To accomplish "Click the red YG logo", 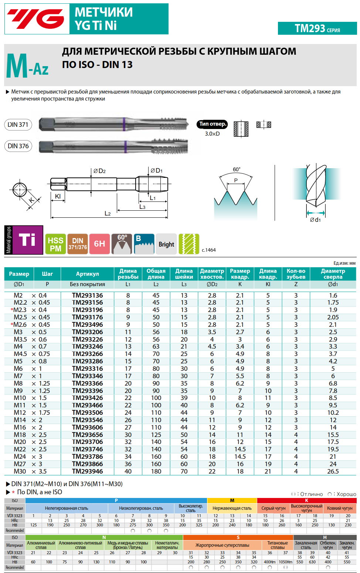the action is tap(36, 19).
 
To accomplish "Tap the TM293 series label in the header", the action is tap(317, 28).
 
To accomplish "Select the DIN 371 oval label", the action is tap(18, 125).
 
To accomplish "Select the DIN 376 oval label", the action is tap(18, 146).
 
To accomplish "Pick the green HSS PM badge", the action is tap(55, 244).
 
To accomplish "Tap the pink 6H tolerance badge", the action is tap(99, 244).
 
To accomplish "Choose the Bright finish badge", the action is tap(166, 244).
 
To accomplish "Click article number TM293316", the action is tap(87, 369).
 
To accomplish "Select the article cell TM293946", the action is tap(87, 471).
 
